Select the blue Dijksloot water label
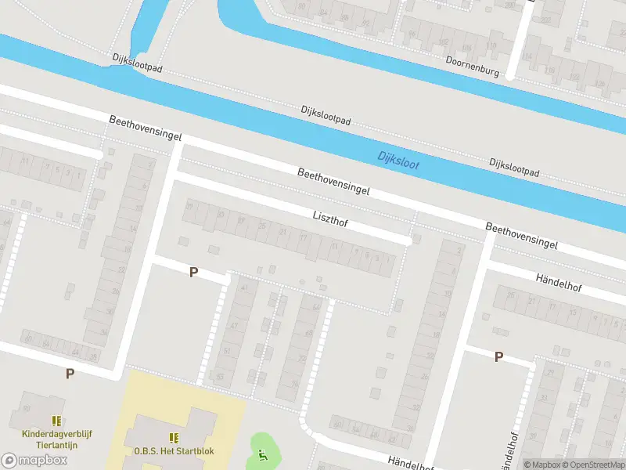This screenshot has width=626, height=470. pyautogui.click(x=398, y=161)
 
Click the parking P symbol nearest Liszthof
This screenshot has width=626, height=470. pyautogui.click(x=194, y=273)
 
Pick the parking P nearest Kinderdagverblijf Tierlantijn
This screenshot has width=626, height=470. pyautogui.click(x=70, y=374)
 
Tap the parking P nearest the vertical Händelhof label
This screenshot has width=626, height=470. pyautogui.click(x=498, y=356)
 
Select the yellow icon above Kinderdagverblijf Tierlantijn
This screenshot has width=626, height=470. pyautogui.click(x=56, y=421)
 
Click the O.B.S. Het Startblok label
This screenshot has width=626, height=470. pyautogui.click(x=174, y=450)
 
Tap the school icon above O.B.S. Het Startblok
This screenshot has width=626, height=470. pyautogui.click(x=174, y=438)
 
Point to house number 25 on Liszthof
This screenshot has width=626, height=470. pyautogui.click(x=261, y=226)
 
